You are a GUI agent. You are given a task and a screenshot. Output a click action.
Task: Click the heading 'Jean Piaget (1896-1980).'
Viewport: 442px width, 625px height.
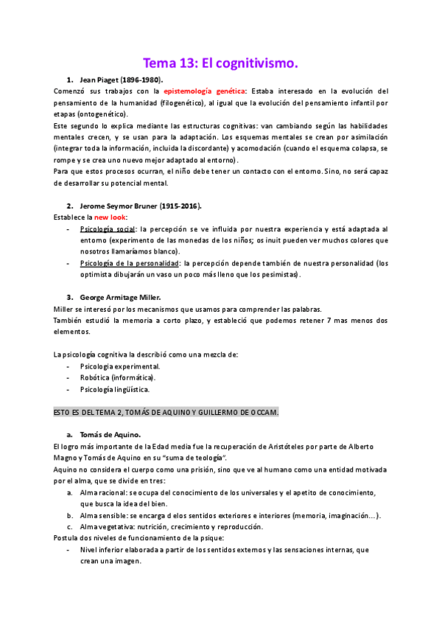[x=121, y=79]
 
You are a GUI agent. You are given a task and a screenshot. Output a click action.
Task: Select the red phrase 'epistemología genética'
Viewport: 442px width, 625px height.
[x=206, y=91]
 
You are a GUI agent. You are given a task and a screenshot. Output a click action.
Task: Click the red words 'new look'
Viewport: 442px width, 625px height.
[x=110, y=217]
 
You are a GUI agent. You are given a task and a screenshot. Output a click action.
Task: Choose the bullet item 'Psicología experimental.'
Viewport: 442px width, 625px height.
[x=120, y=366]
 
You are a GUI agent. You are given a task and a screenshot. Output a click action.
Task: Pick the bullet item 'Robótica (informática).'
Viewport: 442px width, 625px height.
[x=117, y=378]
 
